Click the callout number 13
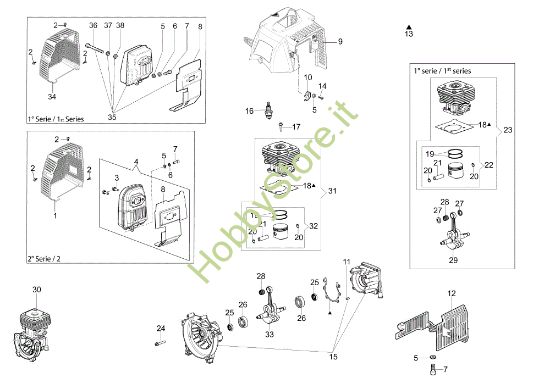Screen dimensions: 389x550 click(x=408, y=34)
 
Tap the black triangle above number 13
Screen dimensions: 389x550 click(x=408, y=22)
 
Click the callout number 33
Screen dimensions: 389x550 click(x=269, y=335)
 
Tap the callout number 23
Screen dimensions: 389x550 click(x=508, y=130)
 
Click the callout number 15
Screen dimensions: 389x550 click(x=332, y=356)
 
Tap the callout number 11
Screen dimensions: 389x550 click(x=347, y=261)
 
